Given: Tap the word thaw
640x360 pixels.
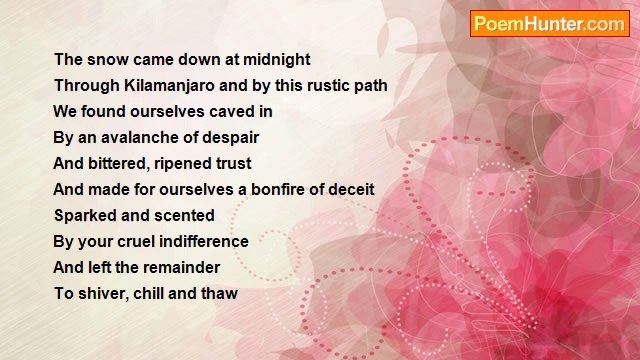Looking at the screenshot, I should pos(218,294).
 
